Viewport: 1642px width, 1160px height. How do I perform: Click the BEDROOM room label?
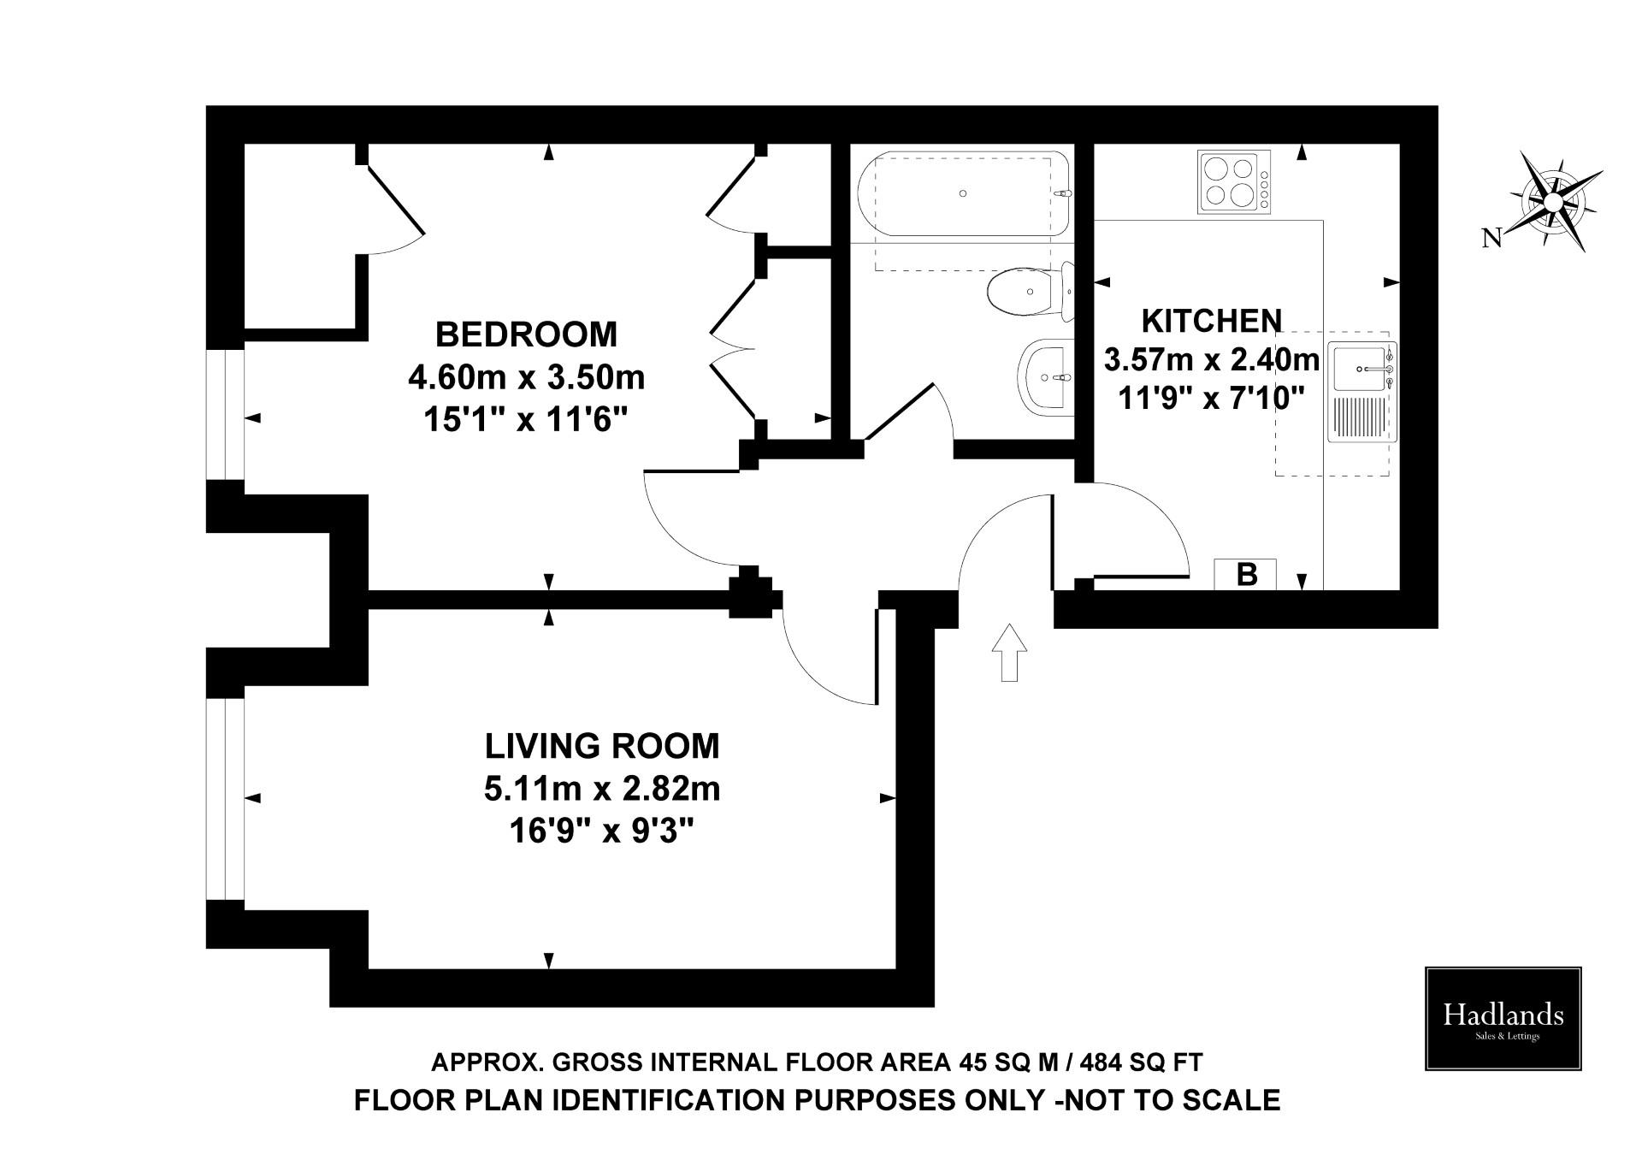[526, 334]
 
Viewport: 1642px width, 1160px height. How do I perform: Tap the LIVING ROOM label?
[602, 746]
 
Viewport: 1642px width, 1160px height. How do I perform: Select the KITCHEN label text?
[1211, 321]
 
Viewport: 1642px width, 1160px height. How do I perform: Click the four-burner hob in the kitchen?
[1234, 181]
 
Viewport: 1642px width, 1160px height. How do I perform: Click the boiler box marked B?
[1245, 575]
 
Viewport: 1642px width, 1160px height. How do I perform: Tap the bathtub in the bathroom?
[961, 194]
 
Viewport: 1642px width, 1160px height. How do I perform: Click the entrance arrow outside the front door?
[1009, 652]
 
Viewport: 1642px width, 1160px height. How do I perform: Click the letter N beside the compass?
[1491, 239]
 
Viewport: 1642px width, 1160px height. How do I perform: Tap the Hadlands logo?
[1503, 1019]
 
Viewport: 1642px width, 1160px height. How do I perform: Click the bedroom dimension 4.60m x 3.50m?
[526, 377]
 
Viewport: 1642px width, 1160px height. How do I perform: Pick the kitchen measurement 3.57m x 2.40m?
[1211, 360]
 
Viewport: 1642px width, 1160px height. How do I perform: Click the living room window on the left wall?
[226, 799]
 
